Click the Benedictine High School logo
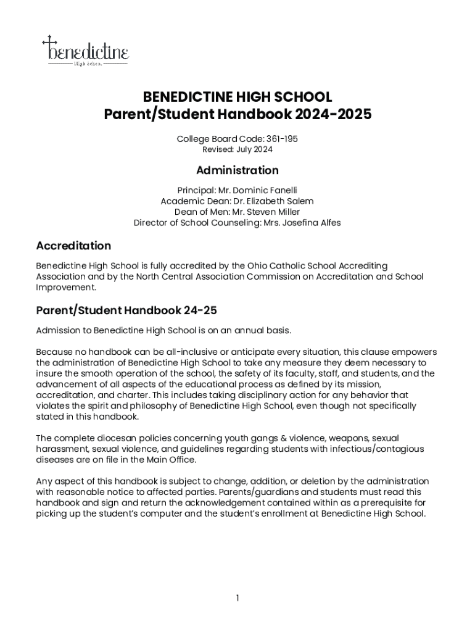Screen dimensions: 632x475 point(85,51)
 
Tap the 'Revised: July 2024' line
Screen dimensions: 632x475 point(238,149)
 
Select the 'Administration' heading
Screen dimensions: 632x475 point(238,170)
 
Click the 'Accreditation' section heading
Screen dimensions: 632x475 point(73,246)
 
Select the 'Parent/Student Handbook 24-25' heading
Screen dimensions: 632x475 point(126,310)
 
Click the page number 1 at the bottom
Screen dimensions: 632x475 point(238,597)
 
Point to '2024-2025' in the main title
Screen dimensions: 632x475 point(333,115)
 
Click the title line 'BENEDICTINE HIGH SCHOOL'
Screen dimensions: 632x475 point(238,98)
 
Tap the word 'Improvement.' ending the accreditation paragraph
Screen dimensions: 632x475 point(66,287)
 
